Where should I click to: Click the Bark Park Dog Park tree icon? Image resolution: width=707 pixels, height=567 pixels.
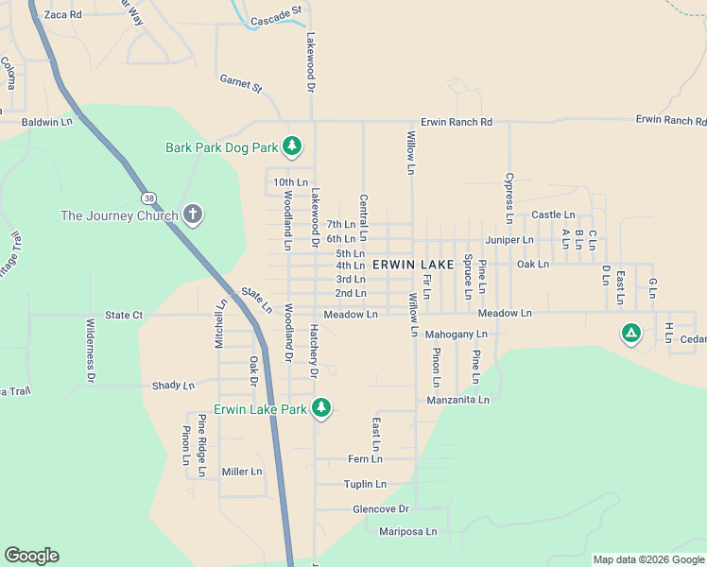293,146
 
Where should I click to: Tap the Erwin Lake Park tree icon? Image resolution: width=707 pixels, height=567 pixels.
322,407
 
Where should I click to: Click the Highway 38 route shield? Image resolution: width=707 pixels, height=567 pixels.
150,198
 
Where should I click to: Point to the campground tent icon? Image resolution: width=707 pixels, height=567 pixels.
630,333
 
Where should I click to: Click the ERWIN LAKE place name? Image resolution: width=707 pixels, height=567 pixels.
413,265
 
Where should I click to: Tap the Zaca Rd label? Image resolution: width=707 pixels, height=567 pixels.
63,15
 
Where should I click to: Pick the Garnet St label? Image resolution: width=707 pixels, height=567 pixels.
240,83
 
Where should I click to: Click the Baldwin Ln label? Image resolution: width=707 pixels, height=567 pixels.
46,122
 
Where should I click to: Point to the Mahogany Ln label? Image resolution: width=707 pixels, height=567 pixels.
456,334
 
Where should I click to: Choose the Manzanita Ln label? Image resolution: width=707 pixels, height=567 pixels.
457,400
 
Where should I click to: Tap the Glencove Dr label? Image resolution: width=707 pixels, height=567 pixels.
380,508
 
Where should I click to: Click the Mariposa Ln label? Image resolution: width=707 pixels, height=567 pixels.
407,532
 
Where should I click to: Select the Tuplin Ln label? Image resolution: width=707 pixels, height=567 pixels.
365,484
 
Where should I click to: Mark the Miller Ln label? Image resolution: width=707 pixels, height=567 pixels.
241,472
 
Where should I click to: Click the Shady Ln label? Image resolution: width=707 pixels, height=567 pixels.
173,386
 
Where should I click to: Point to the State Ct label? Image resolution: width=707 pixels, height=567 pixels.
124,315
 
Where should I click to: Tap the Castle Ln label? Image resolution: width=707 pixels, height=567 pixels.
553,215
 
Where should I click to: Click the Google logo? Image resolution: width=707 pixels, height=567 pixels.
31,556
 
